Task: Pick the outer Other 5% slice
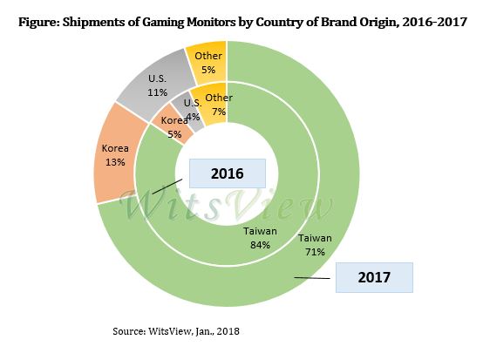[208, 62]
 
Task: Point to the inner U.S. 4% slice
[191, 108]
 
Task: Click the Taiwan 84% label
[259, 238]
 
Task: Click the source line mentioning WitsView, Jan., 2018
[175, 331]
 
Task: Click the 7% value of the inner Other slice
[218, 111]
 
